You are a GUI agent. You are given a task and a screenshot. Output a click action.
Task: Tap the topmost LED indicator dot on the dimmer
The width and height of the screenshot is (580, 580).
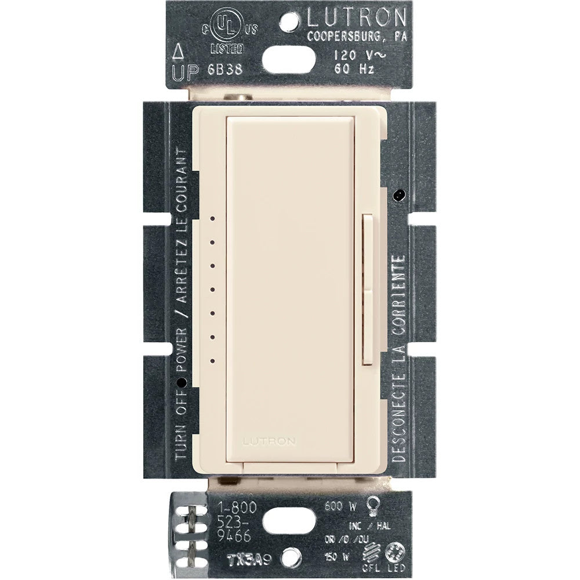(x=213, y=219)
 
